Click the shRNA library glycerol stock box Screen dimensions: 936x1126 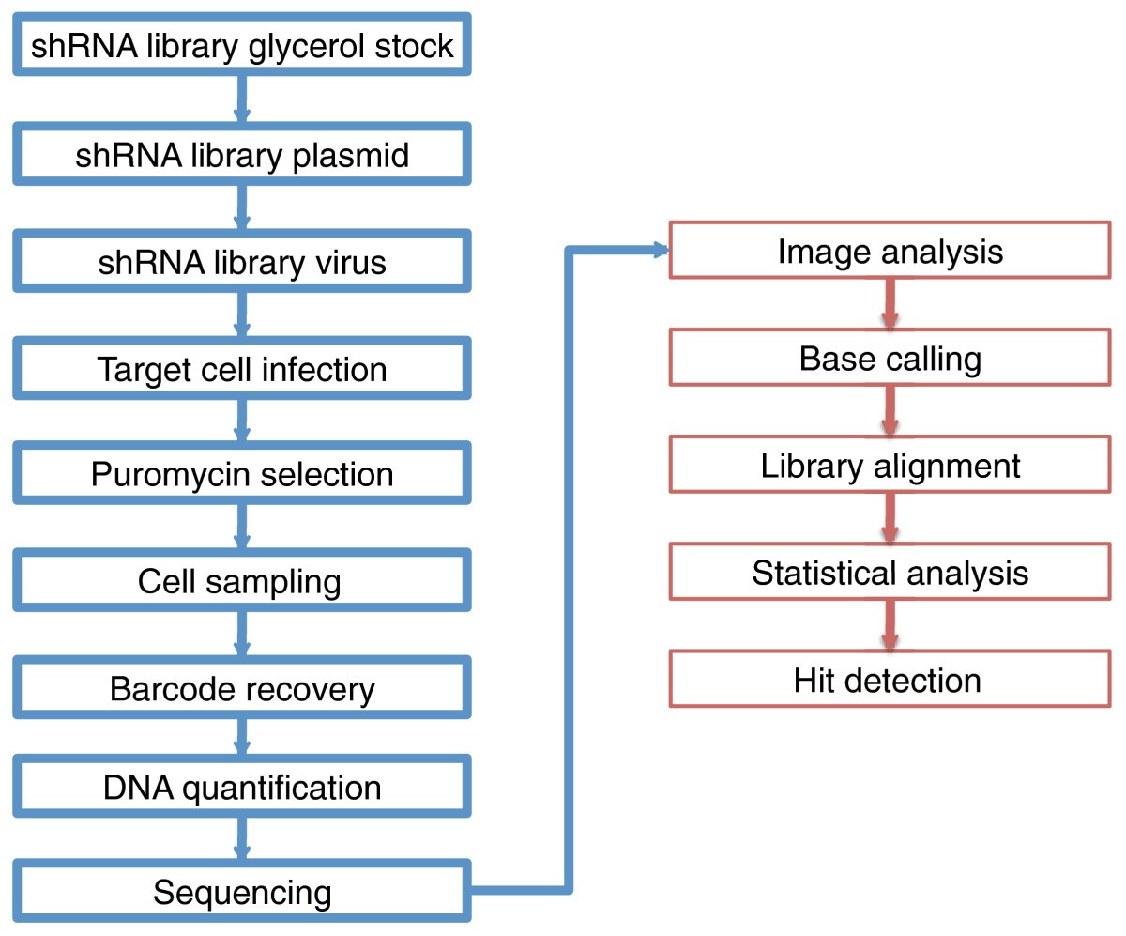point(242,46)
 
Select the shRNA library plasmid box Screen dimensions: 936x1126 point(242,154)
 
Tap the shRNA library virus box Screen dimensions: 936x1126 point(242,261)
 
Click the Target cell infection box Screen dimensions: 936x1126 point(242,368)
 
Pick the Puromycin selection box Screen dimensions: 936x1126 point(242,474)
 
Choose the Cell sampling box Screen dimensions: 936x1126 point(242,581)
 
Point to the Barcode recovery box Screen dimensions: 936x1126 point(242,688)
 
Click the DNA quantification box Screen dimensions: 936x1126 point(242,787)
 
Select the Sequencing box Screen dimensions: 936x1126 point(242,891)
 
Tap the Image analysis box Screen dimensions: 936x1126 point(890,251)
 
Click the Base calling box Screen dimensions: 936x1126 point(890,358)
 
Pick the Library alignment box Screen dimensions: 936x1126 point(890,465)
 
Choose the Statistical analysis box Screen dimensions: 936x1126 point(890,572)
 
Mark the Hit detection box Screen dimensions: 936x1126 point(890,679)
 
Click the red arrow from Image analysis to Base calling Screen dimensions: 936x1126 point(889,304)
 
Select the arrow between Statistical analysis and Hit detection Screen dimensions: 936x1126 point(889,625)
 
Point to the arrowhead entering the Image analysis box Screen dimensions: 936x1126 point(660,251)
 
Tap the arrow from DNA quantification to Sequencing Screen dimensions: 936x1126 point(242,838)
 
